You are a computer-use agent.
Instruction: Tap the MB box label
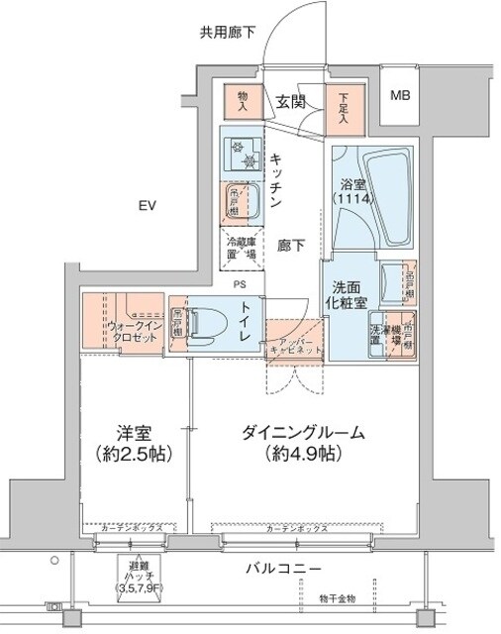401,96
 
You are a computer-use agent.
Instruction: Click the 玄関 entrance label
289,101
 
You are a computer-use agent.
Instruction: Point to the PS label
240,284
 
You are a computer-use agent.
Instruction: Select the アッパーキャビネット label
294,346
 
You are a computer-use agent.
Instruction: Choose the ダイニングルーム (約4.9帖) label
302,444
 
